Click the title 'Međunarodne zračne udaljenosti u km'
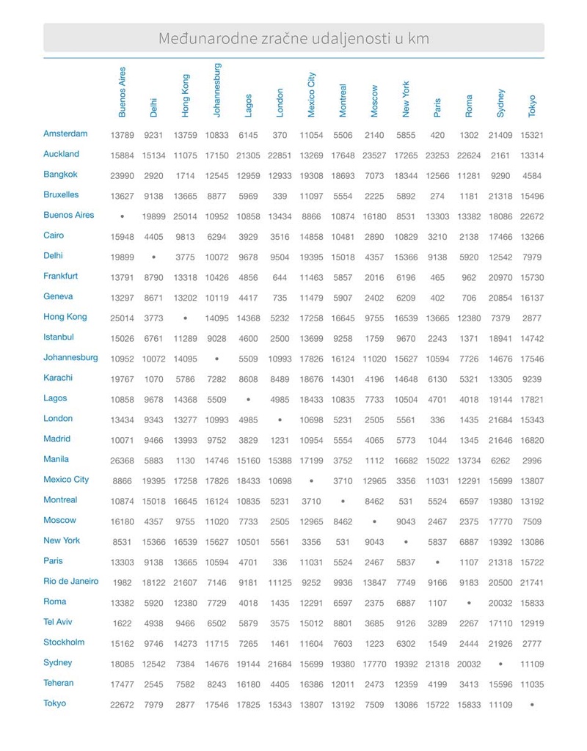[x=293, y=38]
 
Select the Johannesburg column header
[x=216, y=89]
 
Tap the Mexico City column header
[x=311, y=94]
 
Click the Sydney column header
[x=500, y=103]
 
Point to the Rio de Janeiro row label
[x=70, y=582]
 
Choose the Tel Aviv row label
[x=58, y=622]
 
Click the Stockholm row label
[x=64, y=642]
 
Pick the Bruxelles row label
[x=61, y=195]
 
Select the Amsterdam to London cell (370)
[x=280, y=135]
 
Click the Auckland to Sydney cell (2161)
[x=500, y=155]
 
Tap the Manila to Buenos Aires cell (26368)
[x=122, y=460]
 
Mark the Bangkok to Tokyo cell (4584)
[x=532, y=175]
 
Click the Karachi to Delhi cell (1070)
[x=153, y=378]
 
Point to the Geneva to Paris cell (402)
[x=437, y=297]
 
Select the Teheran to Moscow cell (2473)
[x=374, y=684]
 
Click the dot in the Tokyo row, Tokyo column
[x=532, y=704]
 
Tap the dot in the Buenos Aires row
[x=122, y=216]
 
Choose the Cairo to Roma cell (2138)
[x=469, y=236]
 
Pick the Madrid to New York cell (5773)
[x=406, y=439]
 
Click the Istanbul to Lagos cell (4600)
[x=248, y=338]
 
